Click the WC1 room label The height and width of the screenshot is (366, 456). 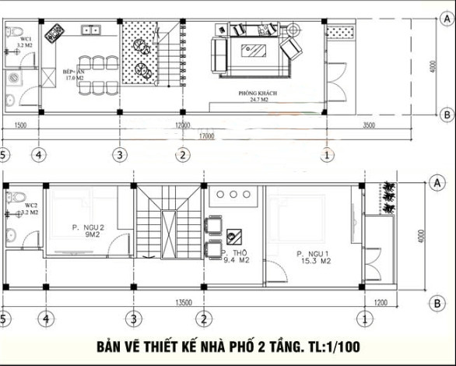[25, 37]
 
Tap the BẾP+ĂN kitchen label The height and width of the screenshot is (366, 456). [74, 71]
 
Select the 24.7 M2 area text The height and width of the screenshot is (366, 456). [258, 100]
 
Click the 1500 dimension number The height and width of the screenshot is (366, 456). [21, 125]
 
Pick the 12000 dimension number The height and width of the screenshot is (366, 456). [183, 125]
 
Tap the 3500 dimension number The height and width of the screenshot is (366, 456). [368, 125]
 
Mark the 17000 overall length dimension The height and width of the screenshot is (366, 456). [205, 135]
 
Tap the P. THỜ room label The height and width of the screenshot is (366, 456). [233, 254]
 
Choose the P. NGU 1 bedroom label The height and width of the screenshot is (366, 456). [314, 254]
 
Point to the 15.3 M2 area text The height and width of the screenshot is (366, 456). [314, 262]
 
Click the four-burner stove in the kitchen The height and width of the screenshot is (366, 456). [54, 33]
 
